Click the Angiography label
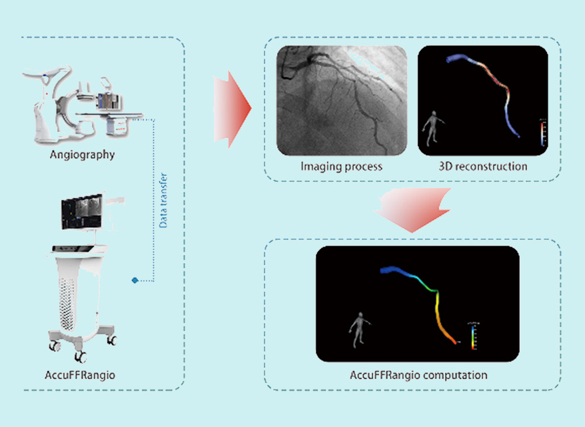(x=82, y=155)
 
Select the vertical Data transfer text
(x=164, y=201)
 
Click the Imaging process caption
(x=341, y=166)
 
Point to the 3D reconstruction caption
(x=483, y=166)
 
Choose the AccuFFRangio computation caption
(x=418, y=375)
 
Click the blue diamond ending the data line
(x=135, y=280)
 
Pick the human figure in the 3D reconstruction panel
(x=433, y=127)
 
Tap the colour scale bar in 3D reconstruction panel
(x=543, y=131)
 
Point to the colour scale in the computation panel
(x=472, y=335)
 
